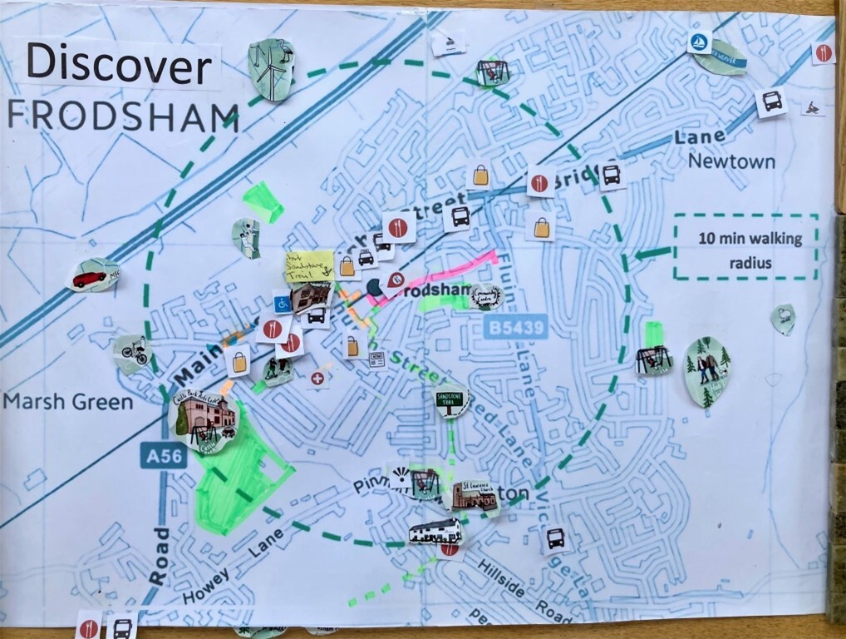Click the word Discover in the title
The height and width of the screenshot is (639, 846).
[x=118, y=64]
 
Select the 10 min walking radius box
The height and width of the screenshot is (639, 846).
[x=745, y=247]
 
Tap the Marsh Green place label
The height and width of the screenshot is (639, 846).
[x=68, y=403]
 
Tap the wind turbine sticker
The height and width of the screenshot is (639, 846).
[x=272, y=70]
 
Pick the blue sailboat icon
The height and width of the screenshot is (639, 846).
[x=698, y=42]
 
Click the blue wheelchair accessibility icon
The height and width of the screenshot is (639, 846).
[x=283, y=303]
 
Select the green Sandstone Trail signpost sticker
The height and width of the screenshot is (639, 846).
[x=451, y=400]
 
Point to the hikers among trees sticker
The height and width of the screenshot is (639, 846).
[x=707, y=371]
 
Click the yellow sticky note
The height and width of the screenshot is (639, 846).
[x=308, y=263]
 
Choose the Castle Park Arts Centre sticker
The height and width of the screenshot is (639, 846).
[x=201, y=421]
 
